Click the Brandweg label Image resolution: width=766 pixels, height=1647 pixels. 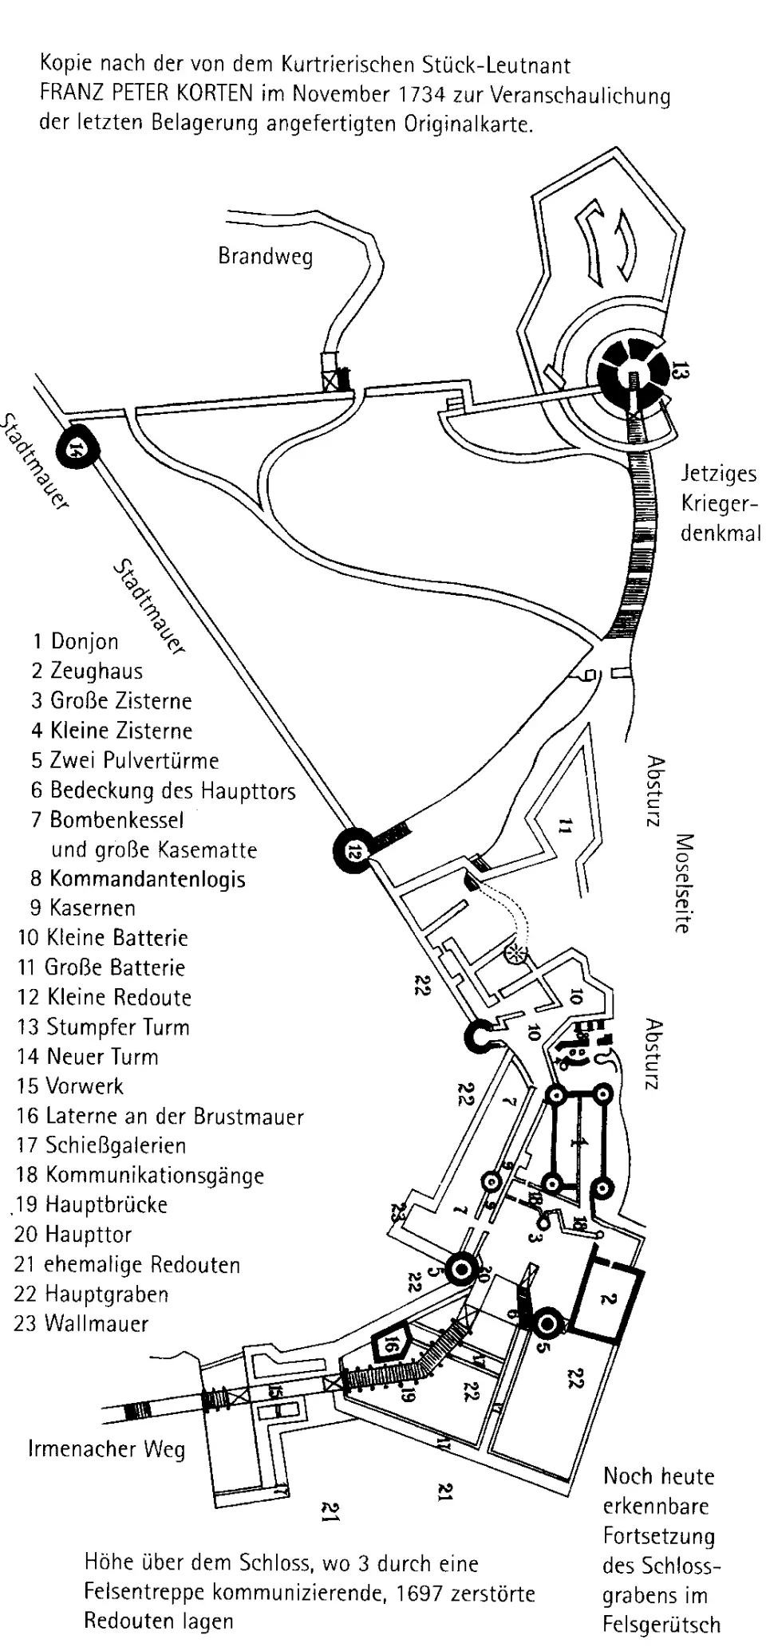click(265, 257)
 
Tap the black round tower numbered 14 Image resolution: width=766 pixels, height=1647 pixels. click(77, 449)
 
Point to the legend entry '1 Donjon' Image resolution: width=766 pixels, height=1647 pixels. click(76, 641)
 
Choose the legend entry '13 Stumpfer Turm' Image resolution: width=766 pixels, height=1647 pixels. click(104, 1026)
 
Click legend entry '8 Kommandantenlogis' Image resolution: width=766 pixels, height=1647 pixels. click(138, 879)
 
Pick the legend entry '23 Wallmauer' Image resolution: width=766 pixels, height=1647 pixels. click(82, 1324)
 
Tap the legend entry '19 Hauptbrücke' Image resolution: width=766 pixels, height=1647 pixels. click(92, 1204)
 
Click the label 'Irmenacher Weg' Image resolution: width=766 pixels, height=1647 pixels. click(106, 1448)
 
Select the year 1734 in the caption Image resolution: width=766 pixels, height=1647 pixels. click(422, 94)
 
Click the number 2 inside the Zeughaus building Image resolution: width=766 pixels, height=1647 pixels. click(607, 1298)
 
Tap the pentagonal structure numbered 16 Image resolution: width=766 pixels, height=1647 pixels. click(389, 1345)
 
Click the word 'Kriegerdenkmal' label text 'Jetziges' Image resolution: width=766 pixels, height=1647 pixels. click(718, 474)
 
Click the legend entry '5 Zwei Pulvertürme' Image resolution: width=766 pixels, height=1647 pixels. click(125, 760)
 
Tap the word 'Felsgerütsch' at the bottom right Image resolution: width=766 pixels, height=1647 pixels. click(661, 1625)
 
